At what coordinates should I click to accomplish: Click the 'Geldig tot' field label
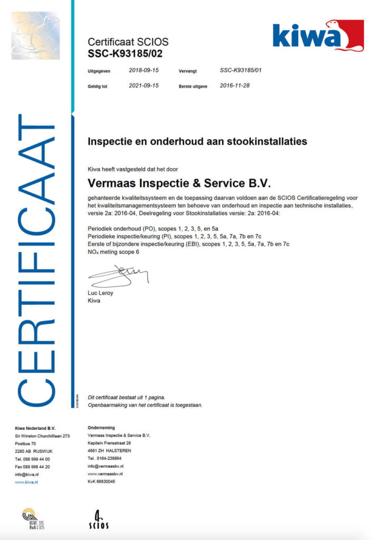pos(98,86)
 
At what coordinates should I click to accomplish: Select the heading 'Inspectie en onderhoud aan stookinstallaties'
pos(197,142)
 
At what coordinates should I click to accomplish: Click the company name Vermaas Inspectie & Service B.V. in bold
pos(179,184)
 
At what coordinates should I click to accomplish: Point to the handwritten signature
pos(119,275)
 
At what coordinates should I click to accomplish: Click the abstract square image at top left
pos(35,35)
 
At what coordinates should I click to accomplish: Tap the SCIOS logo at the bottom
pos(99,519)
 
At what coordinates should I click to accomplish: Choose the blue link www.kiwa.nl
pos(26,481)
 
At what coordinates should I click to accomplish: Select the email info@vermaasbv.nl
pos(106,466)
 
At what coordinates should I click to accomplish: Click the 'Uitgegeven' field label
pos(99,71)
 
